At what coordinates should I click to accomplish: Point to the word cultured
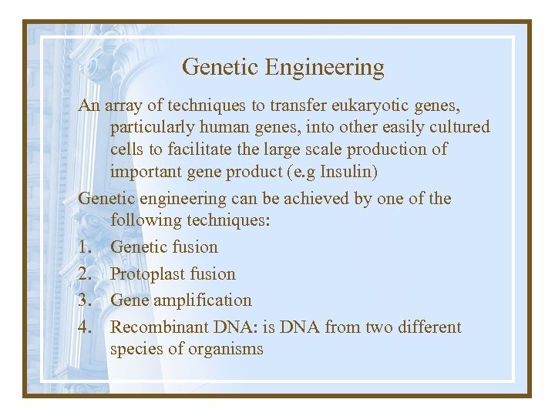(455, 127)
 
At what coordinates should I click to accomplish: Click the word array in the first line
(121, 106)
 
